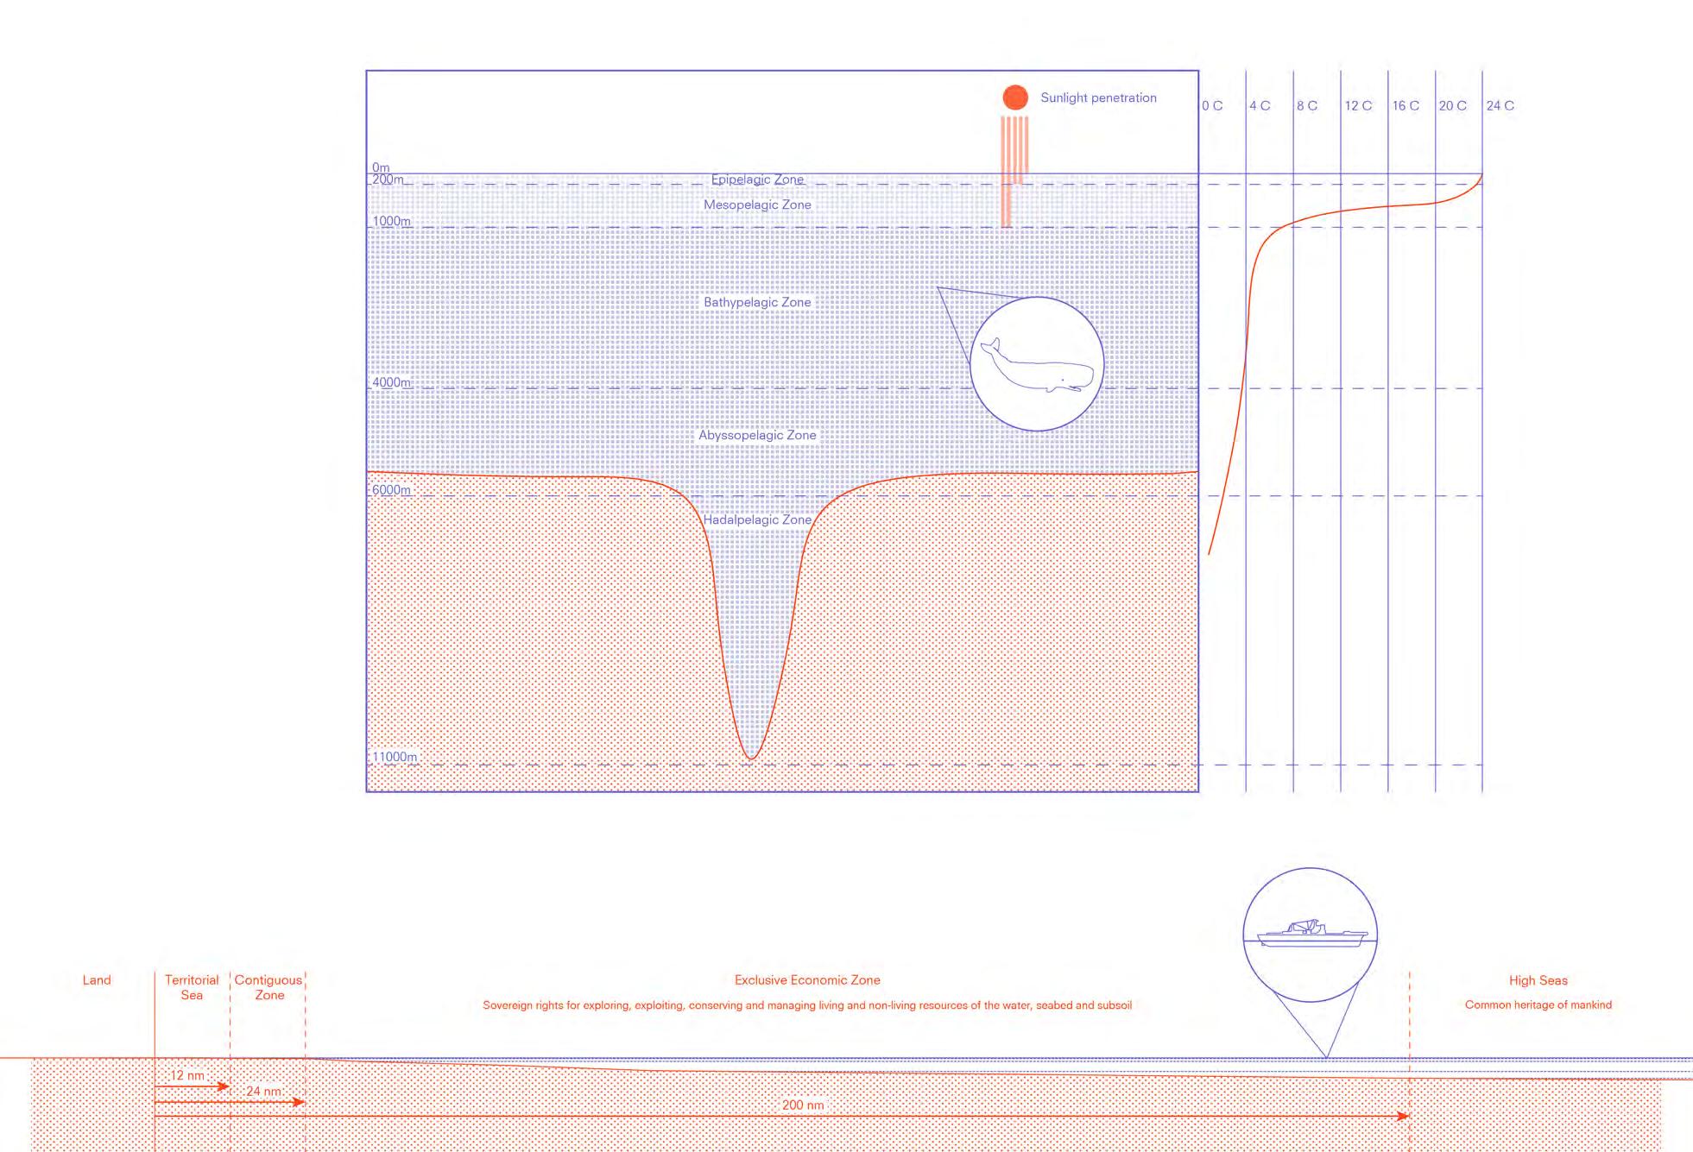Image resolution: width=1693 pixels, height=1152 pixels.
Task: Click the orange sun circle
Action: (x=1015, y=98)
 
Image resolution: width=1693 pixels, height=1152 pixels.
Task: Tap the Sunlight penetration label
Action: (x=1098, y=98)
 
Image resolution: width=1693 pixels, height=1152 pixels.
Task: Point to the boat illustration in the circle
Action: (x=1311, y=934)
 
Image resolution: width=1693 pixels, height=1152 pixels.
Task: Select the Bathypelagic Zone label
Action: (x=757, y=302)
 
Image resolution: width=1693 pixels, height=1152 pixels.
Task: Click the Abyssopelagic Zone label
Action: (x=757, y=435)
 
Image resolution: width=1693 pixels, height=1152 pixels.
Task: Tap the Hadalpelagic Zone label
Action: (x=757, y=519)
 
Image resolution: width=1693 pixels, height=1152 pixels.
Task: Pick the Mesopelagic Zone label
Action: (x=757, y=205)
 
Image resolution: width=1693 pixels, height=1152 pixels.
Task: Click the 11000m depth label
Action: (x=395, y=757)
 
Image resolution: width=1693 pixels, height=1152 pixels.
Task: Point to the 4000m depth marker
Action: (x=391, y=382)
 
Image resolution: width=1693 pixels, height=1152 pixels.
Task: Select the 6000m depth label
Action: (x=391, y=490)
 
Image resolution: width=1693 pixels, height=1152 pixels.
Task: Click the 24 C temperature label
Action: (x=1500, y=105)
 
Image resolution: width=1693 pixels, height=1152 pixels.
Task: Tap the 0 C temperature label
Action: (x=1212, y=105)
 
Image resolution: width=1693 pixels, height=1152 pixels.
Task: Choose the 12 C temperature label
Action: (x=1358, y=105)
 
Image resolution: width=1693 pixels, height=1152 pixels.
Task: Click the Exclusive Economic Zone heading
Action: (x=807, y=979)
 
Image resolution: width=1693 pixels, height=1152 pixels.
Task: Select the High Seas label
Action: (x=1538, y=979)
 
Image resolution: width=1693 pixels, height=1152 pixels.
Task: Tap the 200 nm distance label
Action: (x=803, y=1105)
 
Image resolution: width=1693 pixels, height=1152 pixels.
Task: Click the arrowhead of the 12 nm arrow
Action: (x=224, y=1086)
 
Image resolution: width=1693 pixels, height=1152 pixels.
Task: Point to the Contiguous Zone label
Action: (x=268, y=987)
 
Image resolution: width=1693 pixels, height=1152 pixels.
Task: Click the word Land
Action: (x=97, y=979)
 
